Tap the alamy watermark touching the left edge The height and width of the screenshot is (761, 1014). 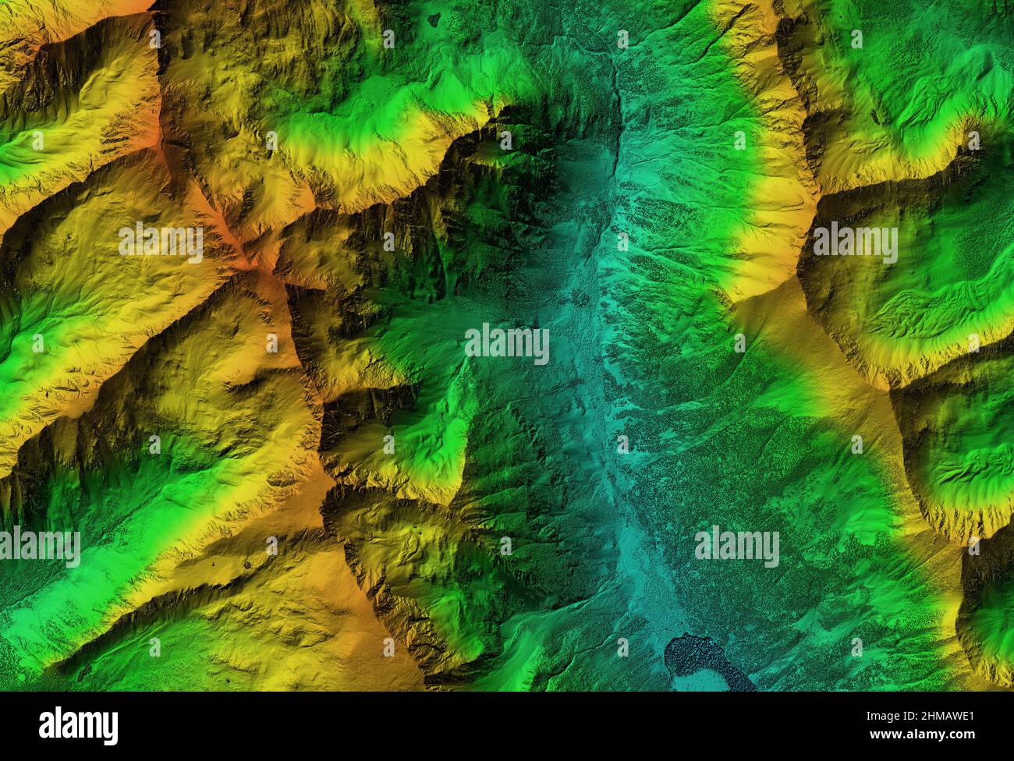click(x=39, y=547)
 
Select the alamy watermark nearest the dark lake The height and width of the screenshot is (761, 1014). click(x=736, y=547)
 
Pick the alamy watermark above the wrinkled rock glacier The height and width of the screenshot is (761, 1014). click(x=856, y=242)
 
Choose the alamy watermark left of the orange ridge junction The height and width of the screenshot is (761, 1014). click(x=161, y=242)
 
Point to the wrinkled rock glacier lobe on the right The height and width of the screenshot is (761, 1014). click(x=928, y=312)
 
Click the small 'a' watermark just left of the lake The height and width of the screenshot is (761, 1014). click(x=622, y=646)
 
